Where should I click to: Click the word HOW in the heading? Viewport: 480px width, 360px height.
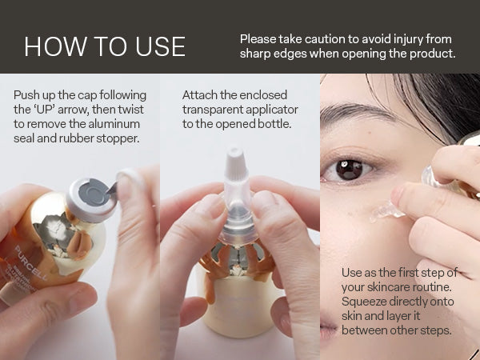55,46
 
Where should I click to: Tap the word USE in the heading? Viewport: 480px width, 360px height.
160,46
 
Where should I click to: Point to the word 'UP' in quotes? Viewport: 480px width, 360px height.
46,110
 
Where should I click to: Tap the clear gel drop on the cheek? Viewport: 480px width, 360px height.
386,211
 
